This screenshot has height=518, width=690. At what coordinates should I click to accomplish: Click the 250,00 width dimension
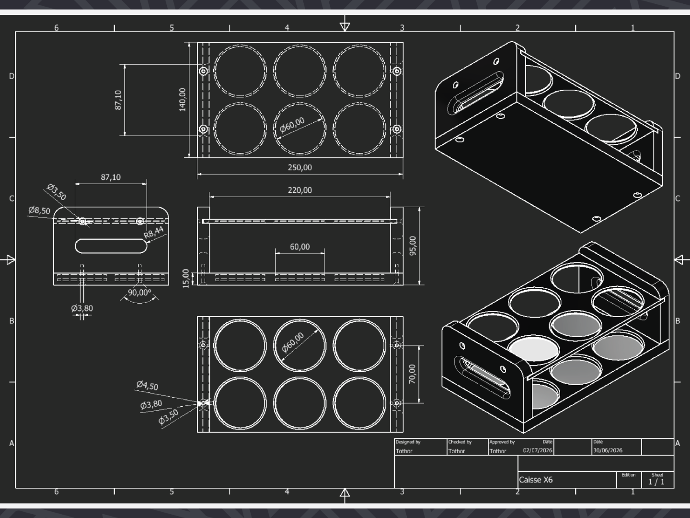pos(300,167)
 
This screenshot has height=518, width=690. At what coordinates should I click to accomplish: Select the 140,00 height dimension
pos(183,100)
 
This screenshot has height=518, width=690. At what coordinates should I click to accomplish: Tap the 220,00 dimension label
pos(300,190)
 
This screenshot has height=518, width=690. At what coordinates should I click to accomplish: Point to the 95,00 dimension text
pos(413,246)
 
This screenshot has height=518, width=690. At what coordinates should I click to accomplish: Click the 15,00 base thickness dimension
pos(186,278)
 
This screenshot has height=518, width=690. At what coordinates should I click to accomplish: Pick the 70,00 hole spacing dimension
pos(412,374)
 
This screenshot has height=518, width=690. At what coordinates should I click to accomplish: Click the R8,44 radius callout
pos(154,233)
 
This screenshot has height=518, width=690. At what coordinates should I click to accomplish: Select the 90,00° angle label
pos(139,293)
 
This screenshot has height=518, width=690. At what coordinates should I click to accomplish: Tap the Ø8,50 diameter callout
pos(39,210)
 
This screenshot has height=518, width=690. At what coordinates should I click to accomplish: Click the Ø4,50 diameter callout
pos(147,385)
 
